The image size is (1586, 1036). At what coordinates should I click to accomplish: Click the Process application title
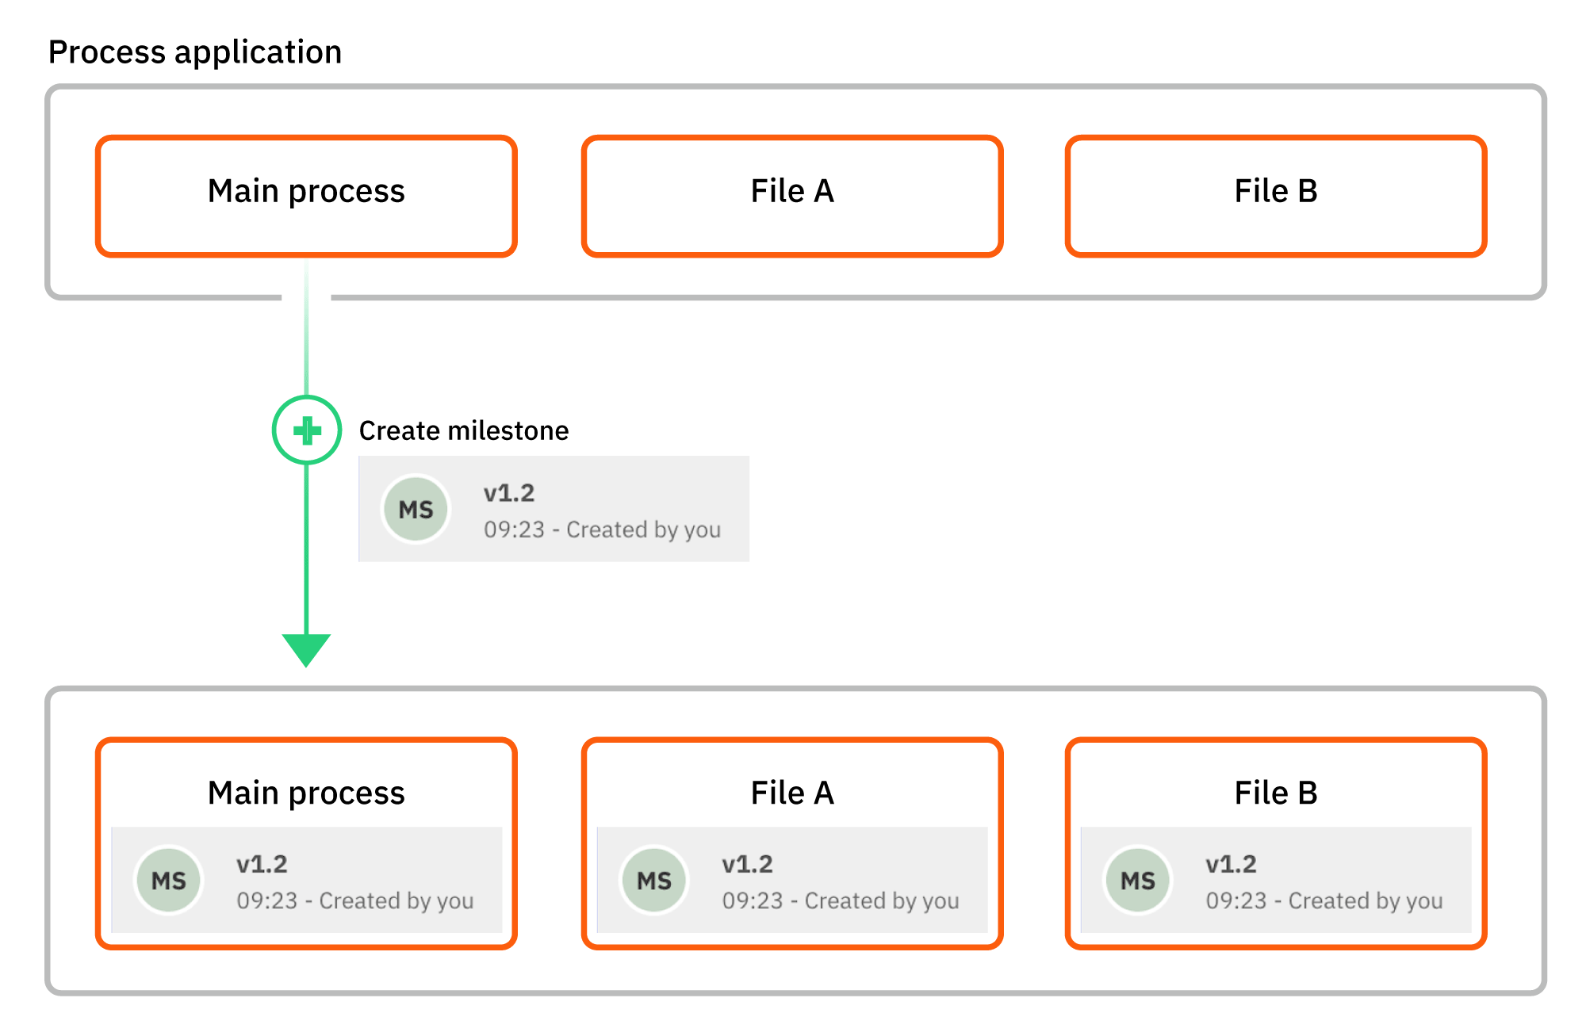point(195,52)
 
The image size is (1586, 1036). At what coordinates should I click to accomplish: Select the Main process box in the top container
point(306,196)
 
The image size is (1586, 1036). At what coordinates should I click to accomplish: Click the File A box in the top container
point(791,196)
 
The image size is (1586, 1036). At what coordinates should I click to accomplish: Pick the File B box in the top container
point(1275,196)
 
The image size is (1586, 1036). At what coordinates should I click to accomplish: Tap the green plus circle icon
point(307,430)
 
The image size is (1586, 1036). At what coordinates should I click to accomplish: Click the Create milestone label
point(464,430)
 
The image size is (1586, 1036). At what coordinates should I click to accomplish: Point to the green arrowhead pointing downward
point(306,649)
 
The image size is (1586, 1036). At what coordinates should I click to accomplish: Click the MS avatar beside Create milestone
point(416,509)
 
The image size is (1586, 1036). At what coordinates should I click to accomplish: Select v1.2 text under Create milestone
point(509,493)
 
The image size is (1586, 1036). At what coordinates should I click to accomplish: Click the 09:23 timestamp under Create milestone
point(514,529)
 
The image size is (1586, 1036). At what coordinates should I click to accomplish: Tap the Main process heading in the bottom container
point(306,793)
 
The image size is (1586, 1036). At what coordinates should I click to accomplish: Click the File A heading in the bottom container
point(791,793)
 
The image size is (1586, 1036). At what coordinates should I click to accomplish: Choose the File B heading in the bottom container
point(1275,793)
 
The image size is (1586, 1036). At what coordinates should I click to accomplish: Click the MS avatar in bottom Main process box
point(168,880)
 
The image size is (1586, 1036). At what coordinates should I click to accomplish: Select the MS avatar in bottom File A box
point(653,880)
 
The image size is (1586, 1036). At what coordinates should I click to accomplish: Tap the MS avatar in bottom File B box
point(1137,880)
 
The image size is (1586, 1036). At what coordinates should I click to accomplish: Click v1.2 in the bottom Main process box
point(262,864)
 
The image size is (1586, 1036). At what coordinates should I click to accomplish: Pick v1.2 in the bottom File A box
point(747,864)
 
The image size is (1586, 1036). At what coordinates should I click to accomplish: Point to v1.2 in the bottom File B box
point(1231,864)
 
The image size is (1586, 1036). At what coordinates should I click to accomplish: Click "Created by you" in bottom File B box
point(1366,901)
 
